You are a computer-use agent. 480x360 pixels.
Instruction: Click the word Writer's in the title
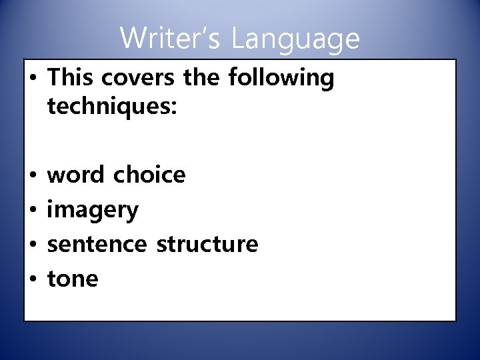point(170,38)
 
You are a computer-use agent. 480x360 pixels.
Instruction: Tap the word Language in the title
point(295,39)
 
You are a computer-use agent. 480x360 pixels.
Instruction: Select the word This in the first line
point(71,78)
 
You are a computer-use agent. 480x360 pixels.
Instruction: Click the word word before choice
point(76,175)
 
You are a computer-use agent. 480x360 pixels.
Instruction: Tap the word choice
point(149,175)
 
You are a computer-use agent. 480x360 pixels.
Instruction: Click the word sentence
point(97,244)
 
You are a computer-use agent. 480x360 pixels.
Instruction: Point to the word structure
point(207,244)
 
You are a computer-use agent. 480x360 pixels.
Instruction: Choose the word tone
point(73,279)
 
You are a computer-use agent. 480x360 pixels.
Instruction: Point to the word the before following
point(201,78)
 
